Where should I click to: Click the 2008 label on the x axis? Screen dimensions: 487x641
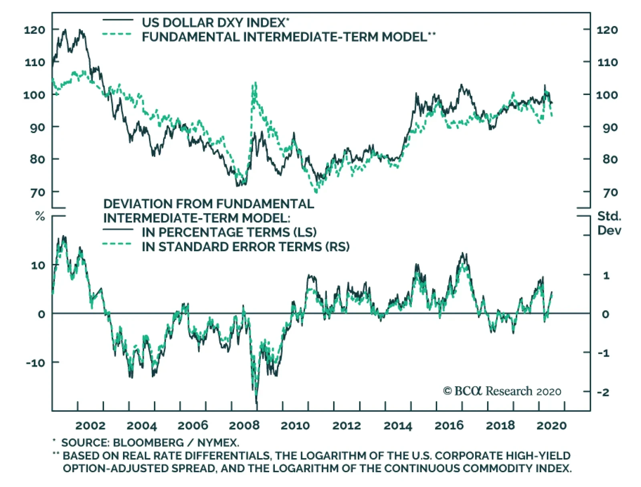(x=244, y=425)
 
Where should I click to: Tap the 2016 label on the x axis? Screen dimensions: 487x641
(x=449, y=425)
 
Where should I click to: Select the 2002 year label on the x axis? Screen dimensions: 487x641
(x=90, y=425)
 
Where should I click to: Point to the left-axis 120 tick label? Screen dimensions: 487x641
(x=34, y=30)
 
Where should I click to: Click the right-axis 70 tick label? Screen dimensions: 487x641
(x=610, y=193)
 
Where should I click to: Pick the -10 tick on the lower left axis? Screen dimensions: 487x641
(x=36, y=363)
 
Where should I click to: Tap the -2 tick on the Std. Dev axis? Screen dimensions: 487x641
(x=603, y=392)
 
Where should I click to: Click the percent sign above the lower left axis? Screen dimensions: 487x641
(x=40, y=217)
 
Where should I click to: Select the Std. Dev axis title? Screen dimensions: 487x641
(x=609, y=223)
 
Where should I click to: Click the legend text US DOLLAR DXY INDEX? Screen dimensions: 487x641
(x=215, y=22)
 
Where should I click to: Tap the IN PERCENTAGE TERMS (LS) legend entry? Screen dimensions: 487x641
(x=229, y=232)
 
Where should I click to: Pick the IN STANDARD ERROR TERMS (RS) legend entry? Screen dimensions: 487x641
(x=245, y=247)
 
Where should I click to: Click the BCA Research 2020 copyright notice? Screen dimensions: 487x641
(x=502, y=391)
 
